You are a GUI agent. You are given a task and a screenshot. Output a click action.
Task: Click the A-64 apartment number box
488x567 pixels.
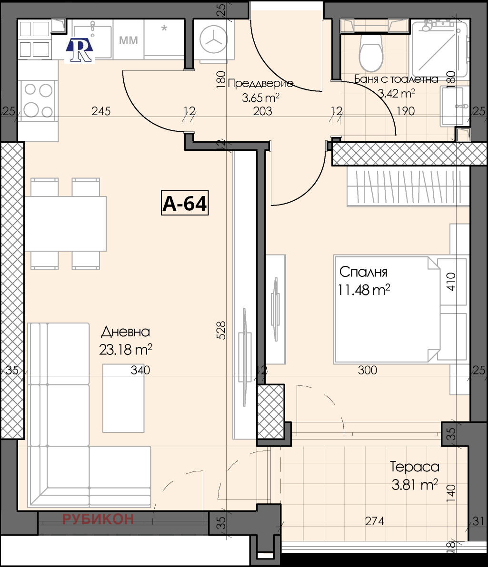(185, 203)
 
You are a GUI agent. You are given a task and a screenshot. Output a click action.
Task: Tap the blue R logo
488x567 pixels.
(80, 50)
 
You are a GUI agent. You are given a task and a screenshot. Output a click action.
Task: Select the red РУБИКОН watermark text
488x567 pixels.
(98, 519)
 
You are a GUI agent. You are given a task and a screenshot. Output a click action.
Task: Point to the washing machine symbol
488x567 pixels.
(214, 40)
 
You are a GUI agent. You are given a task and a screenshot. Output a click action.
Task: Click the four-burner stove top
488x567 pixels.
(38, 100)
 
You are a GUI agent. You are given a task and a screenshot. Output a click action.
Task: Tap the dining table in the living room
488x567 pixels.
(66, 224)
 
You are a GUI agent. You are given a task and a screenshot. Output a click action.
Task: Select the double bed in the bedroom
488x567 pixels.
(387, 309)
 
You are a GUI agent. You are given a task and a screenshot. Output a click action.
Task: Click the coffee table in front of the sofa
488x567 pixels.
(123, 398)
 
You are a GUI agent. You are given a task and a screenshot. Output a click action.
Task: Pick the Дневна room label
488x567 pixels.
(125, 332)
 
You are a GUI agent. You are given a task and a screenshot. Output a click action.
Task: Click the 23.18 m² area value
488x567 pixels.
(125, 350)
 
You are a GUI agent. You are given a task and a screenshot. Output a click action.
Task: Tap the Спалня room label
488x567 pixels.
(363, 272)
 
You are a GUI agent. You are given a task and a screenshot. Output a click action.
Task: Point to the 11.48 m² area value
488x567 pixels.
(364, 290)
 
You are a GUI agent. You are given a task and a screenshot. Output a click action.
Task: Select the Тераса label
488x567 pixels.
(415, 467)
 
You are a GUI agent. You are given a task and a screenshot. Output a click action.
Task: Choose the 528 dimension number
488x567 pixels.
(221, 330)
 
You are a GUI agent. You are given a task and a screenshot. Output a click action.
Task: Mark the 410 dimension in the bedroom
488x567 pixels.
(451, 282)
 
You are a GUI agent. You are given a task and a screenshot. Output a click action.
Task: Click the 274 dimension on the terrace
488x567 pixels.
(374, 521)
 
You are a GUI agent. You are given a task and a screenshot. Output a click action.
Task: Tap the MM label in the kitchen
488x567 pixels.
(129, 40)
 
